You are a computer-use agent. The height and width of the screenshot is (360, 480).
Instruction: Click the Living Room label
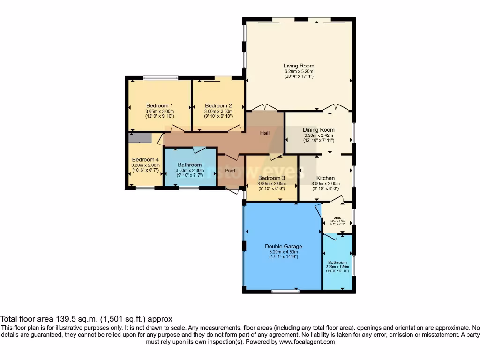tap(299, 66)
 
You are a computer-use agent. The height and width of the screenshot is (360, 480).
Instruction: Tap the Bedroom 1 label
tap(159, 105)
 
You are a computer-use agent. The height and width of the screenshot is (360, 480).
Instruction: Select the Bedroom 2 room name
tap(218, 105)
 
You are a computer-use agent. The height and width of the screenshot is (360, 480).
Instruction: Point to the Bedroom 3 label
tap(271, 178)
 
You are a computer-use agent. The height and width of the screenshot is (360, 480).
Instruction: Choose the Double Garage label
tap(283, 246)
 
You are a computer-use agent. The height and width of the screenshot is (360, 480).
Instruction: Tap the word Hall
tap(265, 133)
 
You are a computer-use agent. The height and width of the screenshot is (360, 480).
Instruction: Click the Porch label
tap(231, 171)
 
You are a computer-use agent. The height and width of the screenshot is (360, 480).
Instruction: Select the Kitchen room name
tap(325, 178)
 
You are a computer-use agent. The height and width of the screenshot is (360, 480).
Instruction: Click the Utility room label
tap(337, 218)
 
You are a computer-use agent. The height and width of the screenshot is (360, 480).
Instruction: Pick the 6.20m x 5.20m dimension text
tap(299, 71)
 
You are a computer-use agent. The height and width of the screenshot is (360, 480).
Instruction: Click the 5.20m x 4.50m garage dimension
tap(283, 252)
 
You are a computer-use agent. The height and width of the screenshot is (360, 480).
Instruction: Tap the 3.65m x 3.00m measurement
tap(159, 111)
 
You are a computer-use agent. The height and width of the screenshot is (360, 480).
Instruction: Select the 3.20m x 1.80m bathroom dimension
tap(337, 267)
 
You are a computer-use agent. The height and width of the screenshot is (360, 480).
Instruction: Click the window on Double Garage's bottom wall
tap(285, 292)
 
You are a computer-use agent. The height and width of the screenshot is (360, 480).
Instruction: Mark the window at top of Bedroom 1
tap(160, 78)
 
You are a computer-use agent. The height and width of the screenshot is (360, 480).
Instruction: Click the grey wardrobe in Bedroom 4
tap(140, 138)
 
